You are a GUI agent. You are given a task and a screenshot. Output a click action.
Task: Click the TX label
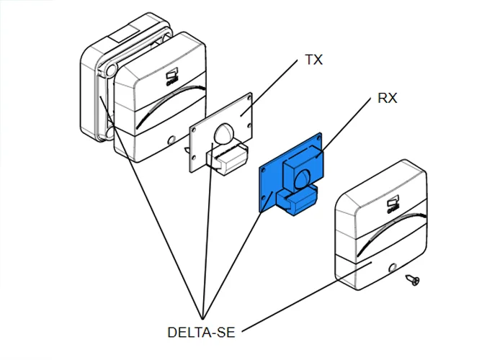click(x=313, y=60)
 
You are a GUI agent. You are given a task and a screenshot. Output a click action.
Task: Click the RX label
click(x=388, y=99)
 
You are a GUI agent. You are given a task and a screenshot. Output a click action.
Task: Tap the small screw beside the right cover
click(x=414, y=278)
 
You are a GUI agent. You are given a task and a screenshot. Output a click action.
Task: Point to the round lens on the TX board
click(x=224, y=134)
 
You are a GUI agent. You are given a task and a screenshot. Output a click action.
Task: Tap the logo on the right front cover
click(x=393, y=205)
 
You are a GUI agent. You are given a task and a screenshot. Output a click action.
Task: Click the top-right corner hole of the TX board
click(x=248, y=96)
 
